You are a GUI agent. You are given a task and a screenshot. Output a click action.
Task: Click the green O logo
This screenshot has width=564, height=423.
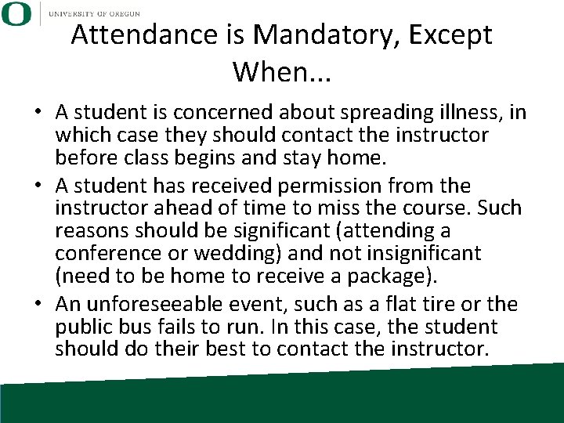16,13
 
